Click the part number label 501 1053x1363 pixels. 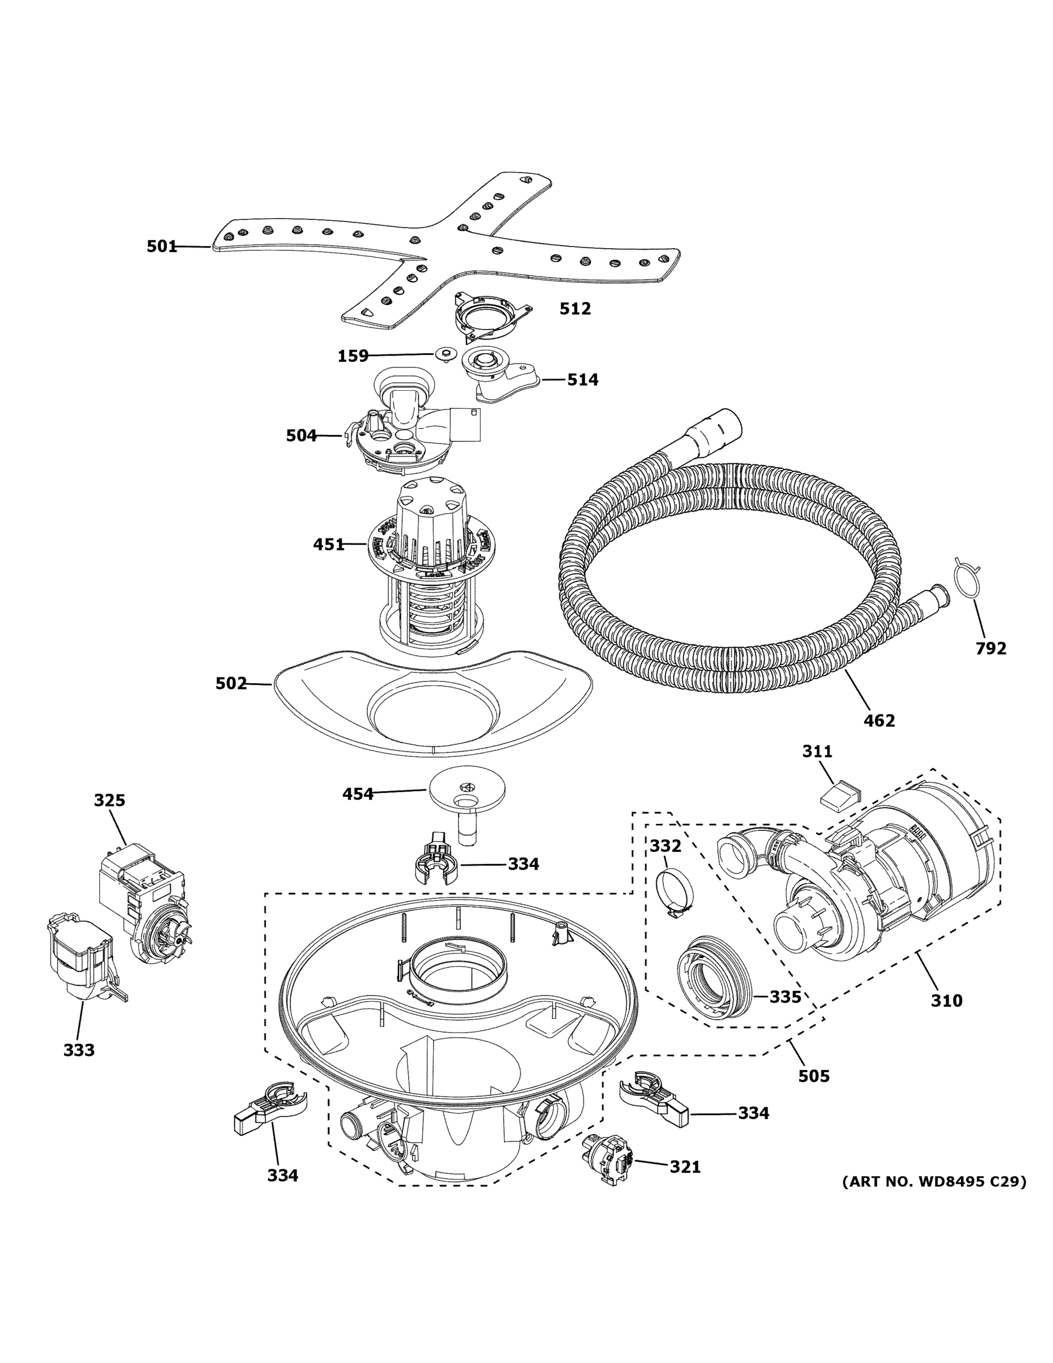(162, 246)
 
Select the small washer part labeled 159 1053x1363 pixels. (444, 354)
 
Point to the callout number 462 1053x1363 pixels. (879, 721)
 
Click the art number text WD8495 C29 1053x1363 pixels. (934, 1181)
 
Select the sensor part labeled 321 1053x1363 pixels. (606, 1159)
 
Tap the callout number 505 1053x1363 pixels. (814, 1076)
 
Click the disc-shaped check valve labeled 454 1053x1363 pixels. (467, 789)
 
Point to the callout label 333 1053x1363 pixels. (79, 1050)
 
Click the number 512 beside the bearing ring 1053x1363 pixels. (574, 308)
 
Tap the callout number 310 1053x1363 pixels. (946, 1001)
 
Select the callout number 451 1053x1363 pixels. (328, 545)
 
